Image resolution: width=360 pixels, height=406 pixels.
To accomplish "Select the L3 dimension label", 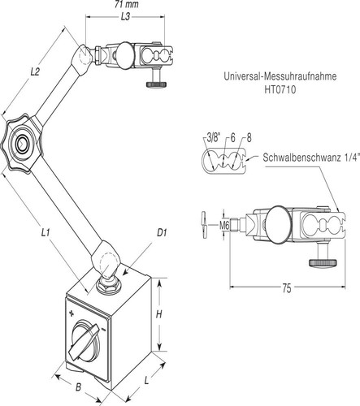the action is (x=125, y=17).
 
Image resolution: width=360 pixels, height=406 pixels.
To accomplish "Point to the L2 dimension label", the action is (x=35, y=72).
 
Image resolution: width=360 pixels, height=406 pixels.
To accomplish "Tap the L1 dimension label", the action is (x=46, y=232).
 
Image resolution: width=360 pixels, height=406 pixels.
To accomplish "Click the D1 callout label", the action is (x=162, y=232).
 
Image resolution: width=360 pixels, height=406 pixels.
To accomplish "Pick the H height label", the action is (x=159, y=314).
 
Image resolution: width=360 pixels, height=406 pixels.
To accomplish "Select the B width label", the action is (x=78, y=387).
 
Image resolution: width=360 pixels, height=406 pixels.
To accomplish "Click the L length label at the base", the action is (x=146, y=381).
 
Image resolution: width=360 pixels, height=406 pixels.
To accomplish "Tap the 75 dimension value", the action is (x=287, y=288).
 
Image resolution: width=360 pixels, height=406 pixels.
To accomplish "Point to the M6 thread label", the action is (x=224, y=225).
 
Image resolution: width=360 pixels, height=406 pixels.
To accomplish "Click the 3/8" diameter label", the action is (x=214, y=138).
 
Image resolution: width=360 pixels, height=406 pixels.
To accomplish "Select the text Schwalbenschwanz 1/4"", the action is (x=311, y=158).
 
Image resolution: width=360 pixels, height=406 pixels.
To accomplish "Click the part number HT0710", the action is (x=280, y=89).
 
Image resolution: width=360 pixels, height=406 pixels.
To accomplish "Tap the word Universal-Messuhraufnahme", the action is (x=280, y=76).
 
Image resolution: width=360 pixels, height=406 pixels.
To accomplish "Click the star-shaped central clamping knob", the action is (x=21, y=144).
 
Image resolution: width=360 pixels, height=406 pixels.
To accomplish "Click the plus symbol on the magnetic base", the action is (x=72, y=313).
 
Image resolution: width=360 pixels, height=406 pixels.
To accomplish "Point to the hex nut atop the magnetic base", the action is (x=110, y=285).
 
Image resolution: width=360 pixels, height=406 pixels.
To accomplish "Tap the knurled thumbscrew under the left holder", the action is (x=157, y=84).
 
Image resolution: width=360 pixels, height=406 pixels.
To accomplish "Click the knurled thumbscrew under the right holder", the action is (x=323, y=262).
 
